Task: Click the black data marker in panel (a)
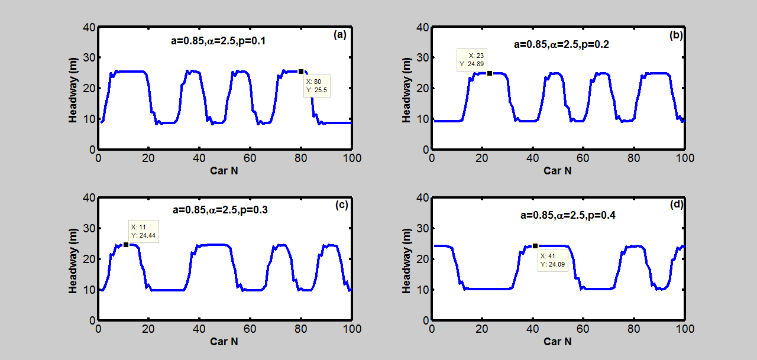[301, 72]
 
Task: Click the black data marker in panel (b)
[490, 73]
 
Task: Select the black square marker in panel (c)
[126, 245]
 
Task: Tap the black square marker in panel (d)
[535, 246]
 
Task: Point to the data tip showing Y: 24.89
[472, 60]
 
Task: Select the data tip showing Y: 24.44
[143, 231]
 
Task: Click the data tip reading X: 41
[552, 260]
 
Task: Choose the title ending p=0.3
[220, 209]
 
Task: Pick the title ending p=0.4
[568, 215]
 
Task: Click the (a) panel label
[339, 35]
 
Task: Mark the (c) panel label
[341, 205]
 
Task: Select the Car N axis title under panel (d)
[557, 341]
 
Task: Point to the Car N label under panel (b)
[557, 171]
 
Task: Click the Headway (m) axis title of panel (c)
[73, 260]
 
